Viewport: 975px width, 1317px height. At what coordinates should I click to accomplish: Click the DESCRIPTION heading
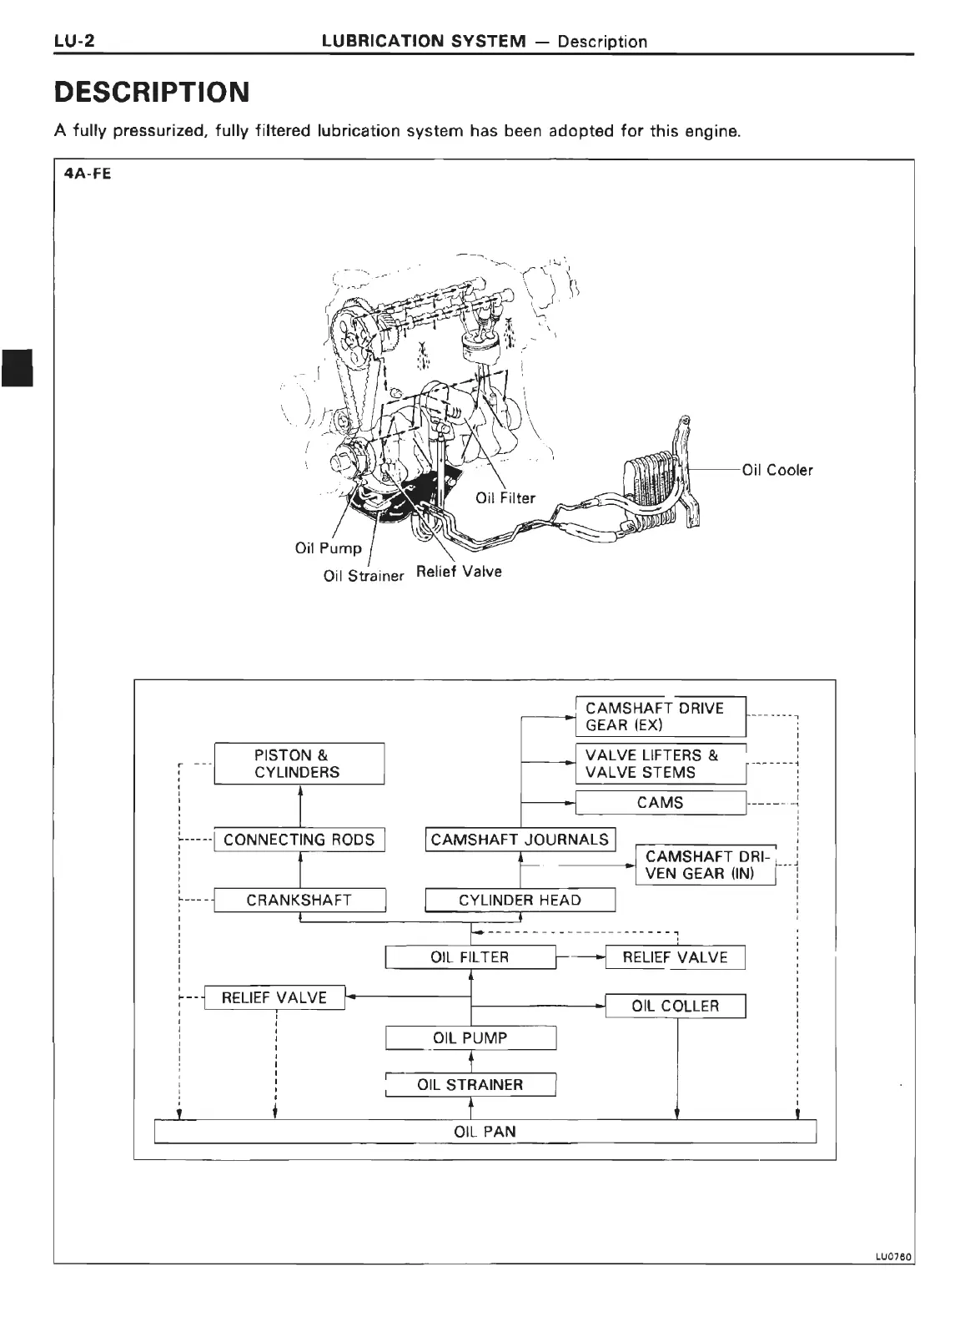152,92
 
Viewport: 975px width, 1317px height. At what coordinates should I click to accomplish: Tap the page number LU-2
73,40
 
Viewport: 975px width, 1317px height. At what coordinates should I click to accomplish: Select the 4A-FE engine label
87,174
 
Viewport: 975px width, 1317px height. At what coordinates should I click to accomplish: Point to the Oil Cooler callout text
776,470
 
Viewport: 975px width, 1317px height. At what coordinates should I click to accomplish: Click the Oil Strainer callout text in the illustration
363,576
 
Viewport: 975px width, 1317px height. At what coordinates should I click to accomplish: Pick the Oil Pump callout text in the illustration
328,548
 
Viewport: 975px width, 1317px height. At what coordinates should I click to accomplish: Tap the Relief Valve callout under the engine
459,572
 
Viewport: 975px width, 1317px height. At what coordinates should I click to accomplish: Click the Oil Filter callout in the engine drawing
505,498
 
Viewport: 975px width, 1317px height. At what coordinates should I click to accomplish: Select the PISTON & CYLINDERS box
299,764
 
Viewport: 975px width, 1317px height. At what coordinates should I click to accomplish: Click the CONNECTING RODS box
299,840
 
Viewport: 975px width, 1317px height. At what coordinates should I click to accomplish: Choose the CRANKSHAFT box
299,900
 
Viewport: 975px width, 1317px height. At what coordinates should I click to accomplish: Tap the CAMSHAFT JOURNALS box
520,840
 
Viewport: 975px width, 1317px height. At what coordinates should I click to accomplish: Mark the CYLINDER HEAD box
520,900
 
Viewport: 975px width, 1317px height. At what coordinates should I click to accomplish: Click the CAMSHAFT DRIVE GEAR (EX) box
661,716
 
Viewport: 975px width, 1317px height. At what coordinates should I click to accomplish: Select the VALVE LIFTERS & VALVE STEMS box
661,764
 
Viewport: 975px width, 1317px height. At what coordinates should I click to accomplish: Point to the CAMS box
661,803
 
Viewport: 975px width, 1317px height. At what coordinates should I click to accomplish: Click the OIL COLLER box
675,1006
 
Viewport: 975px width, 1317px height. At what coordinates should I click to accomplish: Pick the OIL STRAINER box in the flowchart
470,1085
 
